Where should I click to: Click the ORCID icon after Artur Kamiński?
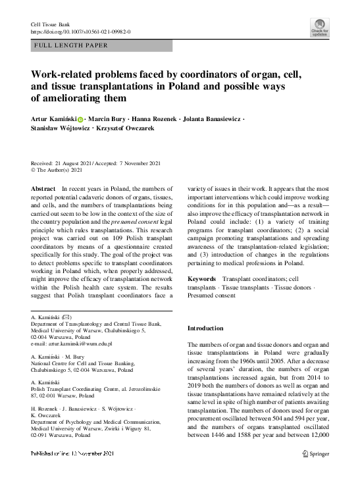[x=81, y=120]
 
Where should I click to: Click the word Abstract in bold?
[x=43, y=189]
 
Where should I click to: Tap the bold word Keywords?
[x=202, y=280]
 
